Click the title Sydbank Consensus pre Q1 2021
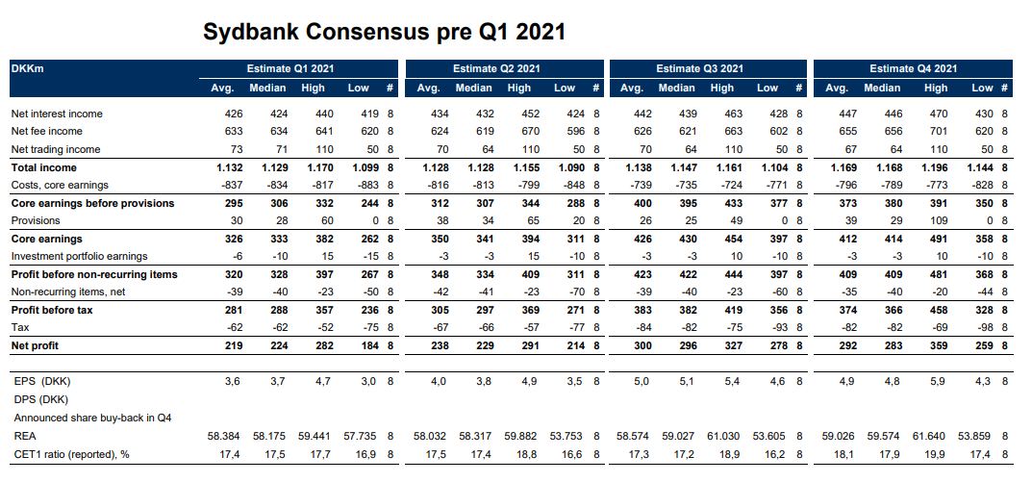tap(384, 32)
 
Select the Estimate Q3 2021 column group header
tap(699, 68)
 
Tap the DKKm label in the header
tap(28, 68)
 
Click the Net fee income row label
tap(46, 131)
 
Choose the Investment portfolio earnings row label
tap(79, 256)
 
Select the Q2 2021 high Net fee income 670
tap(517, 131)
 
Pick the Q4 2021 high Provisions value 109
tap(935, 220)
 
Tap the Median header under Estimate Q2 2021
tap(473, 89)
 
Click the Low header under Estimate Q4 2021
tap(982, 89)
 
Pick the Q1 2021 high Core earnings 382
tap(315, 238)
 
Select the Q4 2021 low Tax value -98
tap(983, 328)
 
